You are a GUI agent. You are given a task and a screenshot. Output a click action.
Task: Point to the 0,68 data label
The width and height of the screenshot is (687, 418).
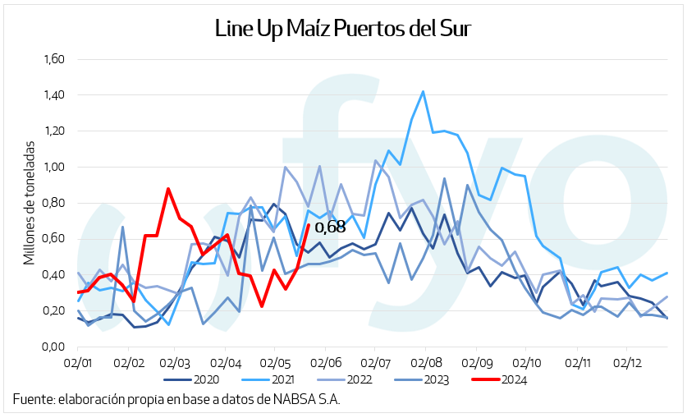[331, 227]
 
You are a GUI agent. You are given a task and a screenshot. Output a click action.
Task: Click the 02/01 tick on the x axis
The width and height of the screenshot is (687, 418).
[78, 361]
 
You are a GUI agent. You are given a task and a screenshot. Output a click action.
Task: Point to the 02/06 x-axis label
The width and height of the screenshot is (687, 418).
[327, 361]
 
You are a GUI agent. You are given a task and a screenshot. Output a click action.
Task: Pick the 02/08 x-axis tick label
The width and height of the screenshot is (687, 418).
[428, 361]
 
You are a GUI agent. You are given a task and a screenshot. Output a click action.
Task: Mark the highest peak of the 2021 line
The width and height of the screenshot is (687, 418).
[423, 91]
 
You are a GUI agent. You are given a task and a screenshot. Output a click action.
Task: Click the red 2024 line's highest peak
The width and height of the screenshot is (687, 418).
[167, 189]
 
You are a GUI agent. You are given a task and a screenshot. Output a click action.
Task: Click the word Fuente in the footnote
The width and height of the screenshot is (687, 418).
[30, 400]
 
